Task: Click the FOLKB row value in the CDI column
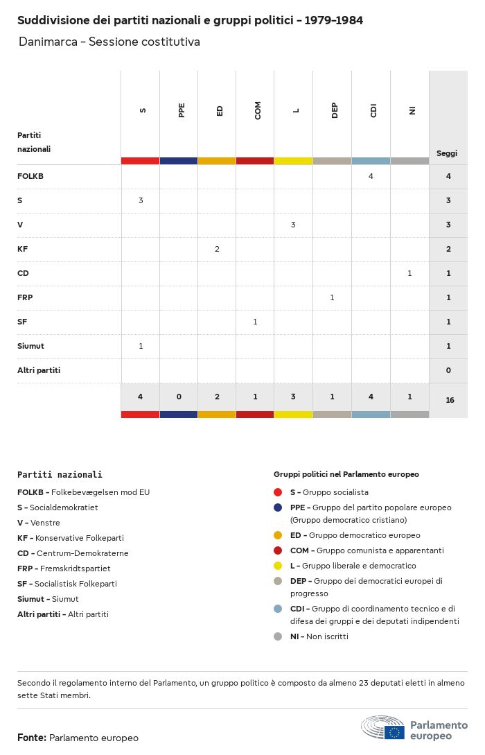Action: tap(371, 176)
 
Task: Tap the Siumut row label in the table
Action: tap(30, 346)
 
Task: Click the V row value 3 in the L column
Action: tap(293, 225)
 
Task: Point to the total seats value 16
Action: tap(450, 400)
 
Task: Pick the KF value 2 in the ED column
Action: tap(217, 249)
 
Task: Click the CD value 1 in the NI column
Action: tap(409, 273)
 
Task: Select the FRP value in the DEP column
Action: tap(332, 297)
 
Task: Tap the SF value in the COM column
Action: tap(255, 322)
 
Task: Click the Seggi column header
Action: tap(447, 153)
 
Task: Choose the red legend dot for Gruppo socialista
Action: tap(278, 492)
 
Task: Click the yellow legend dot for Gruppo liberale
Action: tap(278, 566)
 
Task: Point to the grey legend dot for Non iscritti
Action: tap(278, 636)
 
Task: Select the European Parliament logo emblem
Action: tap(382, 728)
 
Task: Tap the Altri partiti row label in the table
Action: tap(39, 370)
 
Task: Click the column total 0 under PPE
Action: tap(179, 397)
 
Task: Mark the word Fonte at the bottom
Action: tap(31, 738)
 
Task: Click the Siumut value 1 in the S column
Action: tap(141, 346)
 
